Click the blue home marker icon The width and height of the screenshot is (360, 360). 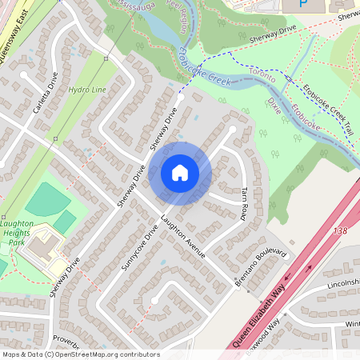click(180, 172)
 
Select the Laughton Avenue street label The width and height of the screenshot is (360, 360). click(183, 237)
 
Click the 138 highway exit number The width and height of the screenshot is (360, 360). click(342, 230)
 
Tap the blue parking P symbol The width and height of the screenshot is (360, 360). click(302, 4)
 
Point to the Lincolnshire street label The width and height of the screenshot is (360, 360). click(344, 284)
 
